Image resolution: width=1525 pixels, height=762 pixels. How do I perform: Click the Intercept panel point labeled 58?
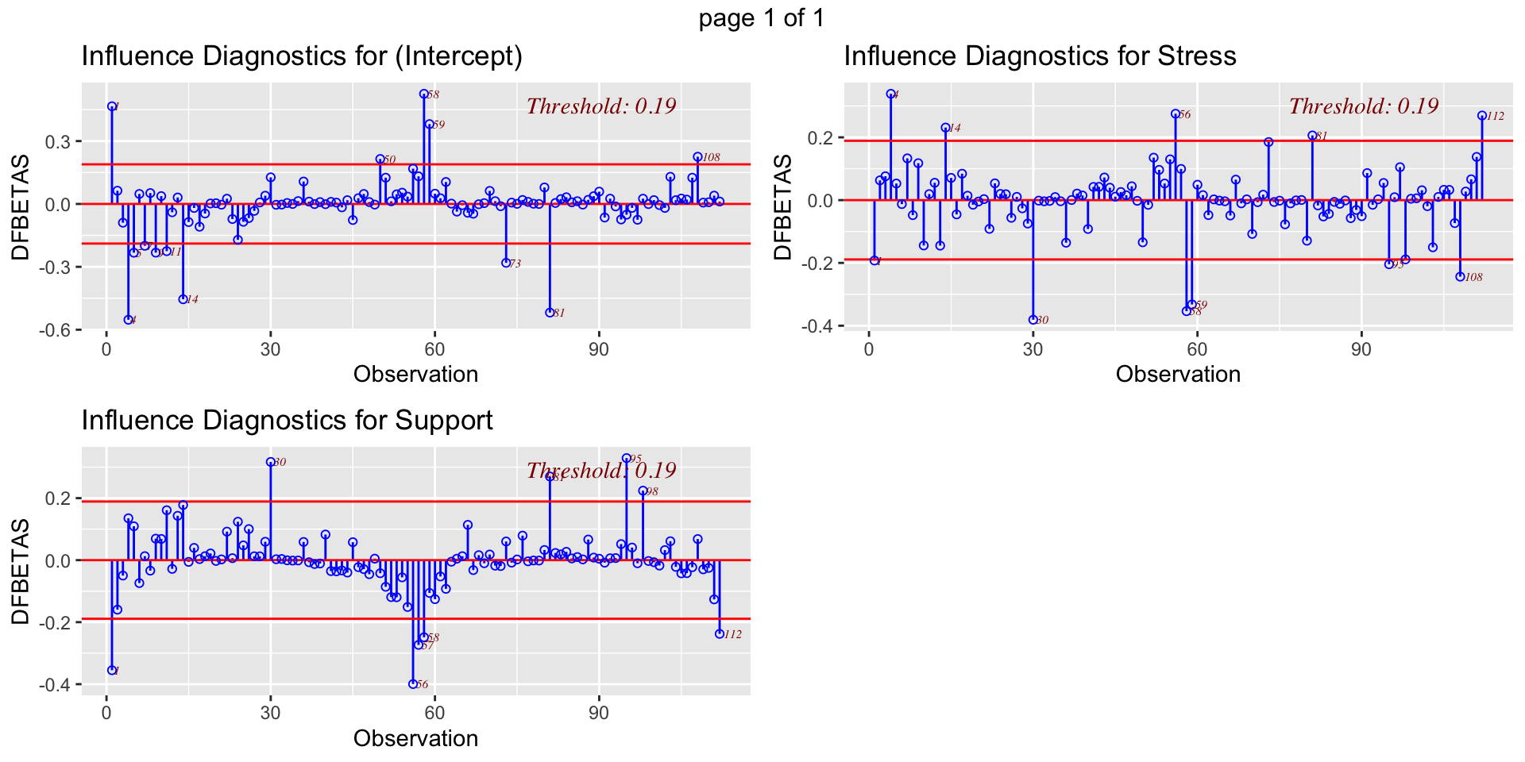(x=424, y=94)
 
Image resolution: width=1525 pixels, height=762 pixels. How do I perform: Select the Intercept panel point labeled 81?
(x=550, y=312)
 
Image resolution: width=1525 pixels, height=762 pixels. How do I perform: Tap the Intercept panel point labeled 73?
(x=506, y=263)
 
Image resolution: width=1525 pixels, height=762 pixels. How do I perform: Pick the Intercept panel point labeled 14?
(x=183, y=299)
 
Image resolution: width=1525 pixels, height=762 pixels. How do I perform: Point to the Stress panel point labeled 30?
(x=1033, y=320)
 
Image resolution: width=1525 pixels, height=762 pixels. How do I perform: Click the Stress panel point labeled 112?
(x=1481, y=116)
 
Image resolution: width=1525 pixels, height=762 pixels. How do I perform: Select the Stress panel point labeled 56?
(x=1176, y=114)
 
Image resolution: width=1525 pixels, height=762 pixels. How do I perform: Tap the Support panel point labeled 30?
(x=271, y=462)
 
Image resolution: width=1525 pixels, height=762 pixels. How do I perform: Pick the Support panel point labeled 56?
(x=413, y=683)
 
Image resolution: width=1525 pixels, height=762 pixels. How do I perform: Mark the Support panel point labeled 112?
(x=720, y=633)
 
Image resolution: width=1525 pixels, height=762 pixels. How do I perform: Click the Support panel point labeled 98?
(x=643, y=491)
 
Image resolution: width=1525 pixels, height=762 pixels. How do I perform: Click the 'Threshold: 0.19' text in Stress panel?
(x=1363, y=106)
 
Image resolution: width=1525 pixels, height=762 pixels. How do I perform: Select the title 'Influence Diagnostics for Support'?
(x=287, y=420)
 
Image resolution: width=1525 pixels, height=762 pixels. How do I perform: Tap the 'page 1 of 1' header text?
(x=762, y=17)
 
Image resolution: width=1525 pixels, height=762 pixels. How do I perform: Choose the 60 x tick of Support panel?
(x=434, y=713)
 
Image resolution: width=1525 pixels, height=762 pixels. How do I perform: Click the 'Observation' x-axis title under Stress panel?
(x=1178, y=375)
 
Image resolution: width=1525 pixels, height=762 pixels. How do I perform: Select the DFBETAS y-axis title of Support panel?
(x=21, y=571)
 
